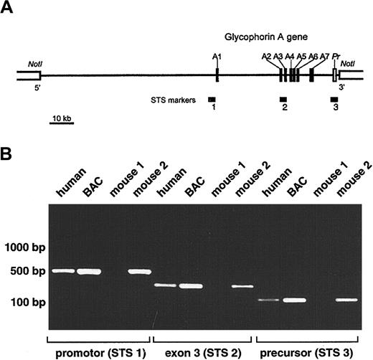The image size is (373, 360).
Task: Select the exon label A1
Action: pos(217,55)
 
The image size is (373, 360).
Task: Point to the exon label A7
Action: pos(324,55)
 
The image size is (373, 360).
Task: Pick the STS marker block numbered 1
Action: pos(212,98)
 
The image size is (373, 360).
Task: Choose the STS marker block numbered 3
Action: pos(334,98)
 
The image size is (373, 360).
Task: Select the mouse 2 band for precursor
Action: pos(347,299)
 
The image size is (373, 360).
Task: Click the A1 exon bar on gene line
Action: pos(217,74)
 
